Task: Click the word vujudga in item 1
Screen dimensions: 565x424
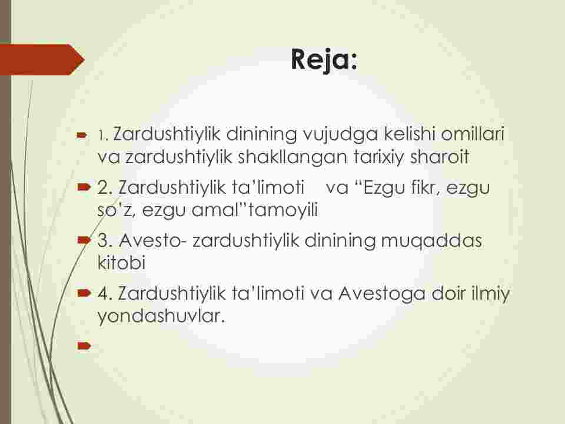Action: point(340,135)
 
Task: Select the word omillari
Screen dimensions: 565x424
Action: point(473,134)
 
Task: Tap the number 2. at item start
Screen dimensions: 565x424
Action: point(105,188)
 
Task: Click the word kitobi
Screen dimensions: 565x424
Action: point(121,262)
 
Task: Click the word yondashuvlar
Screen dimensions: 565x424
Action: point(161,316)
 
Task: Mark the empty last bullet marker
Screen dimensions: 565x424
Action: point(84,346)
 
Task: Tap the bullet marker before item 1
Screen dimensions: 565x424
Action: point(82,135)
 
